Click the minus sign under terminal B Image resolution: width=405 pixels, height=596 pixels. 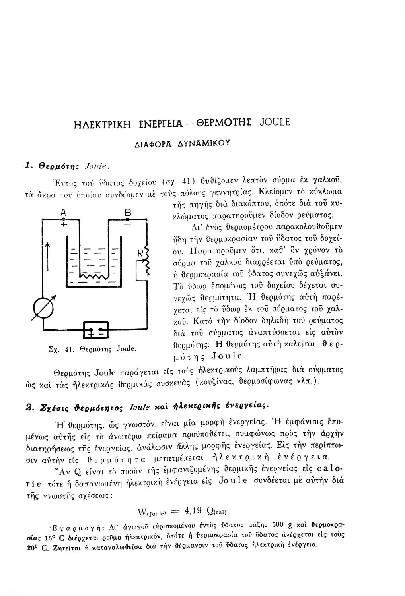pos(127,224)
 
